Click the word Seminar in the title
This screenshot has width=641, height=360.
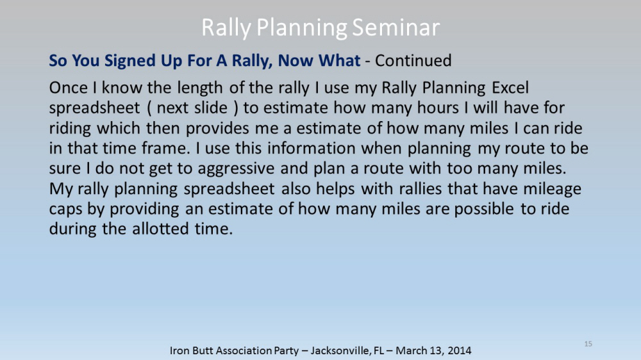pos(395,28)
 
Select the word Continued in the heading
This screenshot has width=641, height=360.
pos(413,60)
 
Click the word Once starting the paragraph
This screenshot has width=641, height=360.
pos(69,88)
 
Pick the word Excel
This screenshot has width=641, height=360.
pos(510,88)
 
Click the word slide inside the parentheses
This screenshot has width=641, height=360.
pos(211,108)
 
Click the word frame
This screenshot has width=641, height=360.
pos(166,148)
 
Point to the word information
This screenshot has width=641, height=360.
pos(312,148)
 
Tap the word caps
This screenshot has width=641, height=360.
pos(65,209)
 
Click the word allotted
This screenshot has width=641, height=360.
pos(161,229)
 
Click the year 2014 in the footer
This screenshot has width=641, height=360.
pos(459,350)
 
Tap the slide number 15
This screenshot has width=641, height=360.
pos(588,343)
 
